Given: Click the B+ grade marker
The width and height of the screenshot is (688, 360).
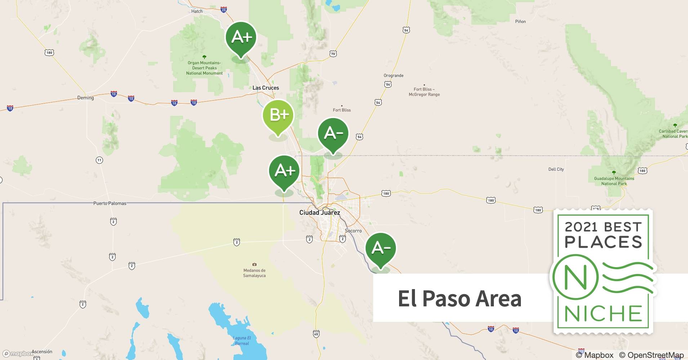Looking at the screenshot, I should pos(278,115).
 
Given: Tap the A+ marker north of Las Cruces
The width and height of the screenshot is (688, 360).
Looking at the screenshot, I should pos(241,37).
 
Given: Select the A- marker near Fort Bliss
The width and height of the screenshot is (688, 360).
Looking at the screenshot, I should pos(333,133).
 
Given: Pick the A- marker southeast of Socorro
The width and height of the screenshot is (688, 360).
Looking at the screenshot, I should pos(380,248).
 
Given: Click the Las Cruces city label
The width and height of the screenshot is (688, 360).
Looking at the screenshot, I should pos(265,88).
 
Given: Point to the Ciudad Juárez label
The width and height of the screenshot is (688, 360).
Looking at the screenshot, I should pos(320,212).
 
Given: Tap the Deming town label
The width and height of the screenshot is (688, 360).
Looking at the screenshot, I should pos(85,98).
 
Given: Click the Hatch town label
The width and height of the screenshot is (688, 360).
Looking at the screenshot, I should pos(197,11).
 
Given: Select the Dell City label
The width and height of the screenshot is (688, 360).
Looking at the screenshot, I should pos(556,169).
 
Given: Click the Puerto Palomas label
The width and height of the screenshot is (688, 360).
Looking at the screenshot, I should pos(110,203).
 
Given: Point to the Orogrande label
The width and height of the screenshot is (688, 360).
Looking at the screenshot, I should pos(393,76).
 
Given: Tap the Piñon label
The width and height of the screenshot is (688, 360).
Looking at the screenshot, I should pos(520,22).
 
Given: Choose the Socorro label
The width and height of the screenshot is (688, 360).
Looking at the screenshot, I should pos(353,231).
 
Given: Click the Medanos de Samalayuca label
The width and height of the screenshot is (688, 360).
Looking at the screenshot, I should pos(254,273).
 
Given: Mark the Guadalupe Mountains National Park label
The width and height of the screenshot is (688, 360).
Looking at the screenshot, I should pos(614,181).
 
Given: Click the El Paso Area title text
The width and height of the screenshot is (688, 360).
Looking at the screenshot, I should pos(459,298).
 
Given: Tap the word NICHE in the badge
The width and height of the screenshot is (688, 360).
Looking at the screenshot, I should pos(603,314).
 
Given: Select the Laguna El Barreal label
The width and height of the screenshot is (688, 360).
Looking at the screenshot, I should pos(242,341).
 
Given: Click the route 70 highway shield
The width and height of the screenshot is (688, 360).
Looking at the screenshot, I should pos(333,54).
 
